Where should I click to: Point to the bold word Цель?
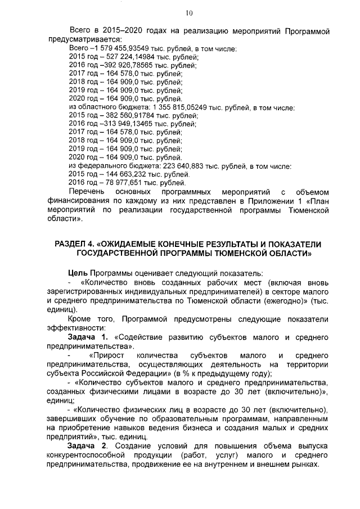pyautogui.click(x=77, y=273)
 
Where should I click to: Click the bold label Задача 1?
pyautogui.click(x=85, y=337)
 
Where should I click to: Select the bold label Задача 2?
pyautogui.click(x=85, y=445)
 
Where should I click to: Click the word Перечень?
pyautogui.click(x=86, y=191)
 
